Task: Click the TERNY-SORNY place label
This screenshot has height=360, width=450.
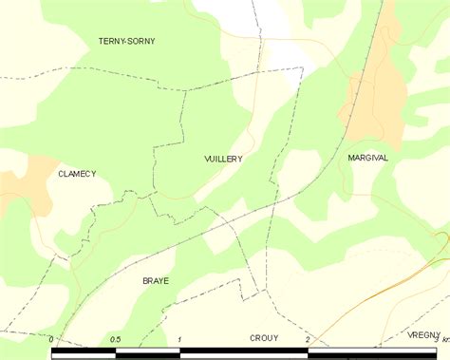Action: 126,42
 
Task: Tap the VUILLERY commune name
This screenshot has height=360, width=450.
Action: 223,160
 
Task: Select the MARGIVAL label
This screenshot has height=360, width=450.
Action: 367,158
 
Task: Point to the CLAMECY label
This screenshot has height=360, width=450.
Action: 77,174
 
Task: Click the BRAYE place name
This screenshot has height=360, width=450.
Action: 155,281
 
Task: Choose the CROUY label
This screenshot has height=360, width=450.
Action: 264,337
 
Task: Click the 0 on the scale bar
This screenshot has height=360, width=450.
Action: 53,339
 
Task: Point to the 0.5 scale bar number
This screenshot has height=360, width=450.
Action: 115,339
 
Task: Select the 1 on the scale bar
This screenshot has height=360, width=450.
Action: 179,339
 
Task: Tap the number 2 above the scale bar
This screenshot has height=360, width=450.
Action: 308,339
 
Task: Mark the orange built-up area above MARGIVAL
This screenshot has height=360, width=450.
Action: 375,85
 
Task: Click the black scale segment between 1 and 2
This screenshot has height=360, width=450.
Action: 244,353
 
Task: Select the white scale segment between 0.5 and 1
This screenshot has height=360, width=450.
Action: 147,353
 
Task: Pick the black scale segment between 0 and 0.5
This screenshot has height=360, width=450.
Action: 84,353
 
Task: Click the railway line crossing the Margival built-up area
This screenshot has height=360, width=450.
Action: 356,104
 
